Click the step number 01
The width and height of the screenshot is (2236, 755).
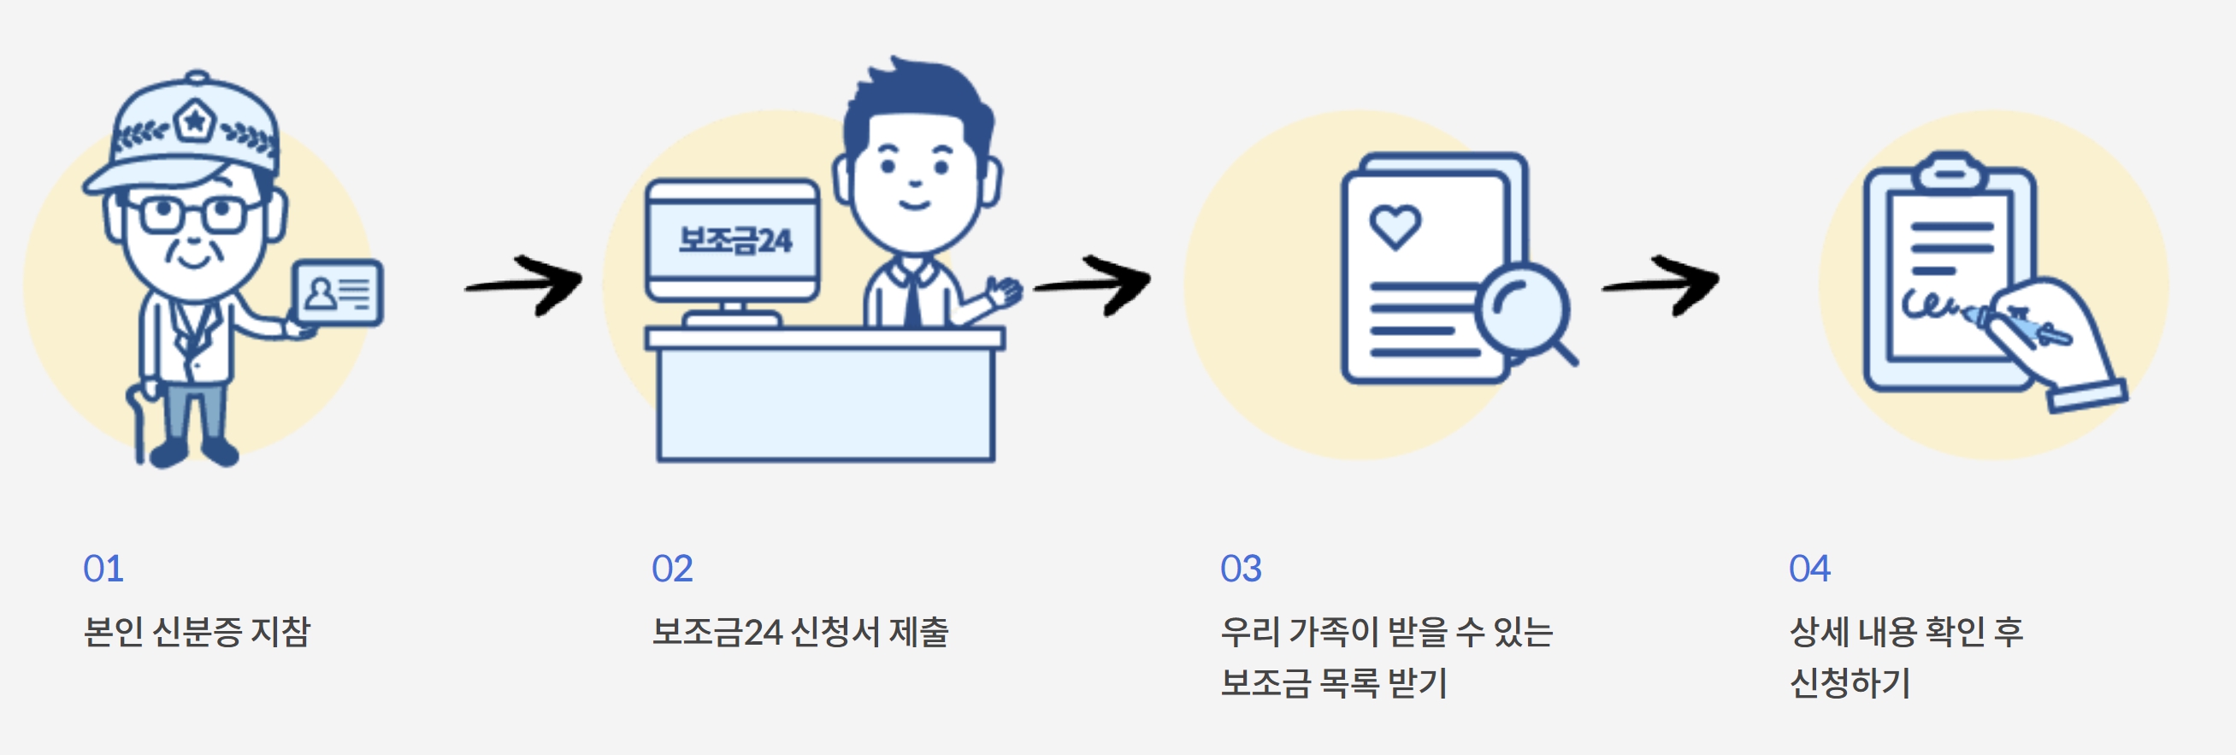103,569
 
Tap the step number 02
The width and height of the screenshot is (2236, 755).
672,569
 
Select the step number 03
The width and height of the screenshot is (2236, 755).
1241,569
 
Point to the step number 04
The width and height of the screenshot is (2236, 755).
1809,569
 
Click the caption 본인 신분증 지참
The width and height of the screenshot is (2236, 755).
196,631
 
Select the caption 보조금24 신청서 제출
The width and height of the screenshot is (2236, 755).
799,631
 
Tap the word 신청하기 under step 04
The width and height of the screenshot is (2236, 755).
1850,683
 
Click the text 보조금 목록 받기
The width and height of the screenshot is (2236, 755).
1333,683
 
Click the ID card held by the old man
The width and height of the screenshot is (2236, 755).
338,292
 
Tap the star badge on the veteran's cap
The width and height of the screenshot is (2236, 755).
194,121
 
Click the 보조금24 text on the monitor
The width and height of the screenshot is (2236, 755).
735,239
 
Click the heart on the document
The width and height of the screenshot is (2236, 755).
1395,226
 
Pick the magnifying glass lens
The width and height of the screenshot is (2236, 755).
1523,309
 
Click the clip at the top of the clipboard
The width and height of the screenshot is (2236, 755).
1950,172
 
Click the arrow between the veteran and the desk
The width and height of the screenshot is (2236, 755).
526,284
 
